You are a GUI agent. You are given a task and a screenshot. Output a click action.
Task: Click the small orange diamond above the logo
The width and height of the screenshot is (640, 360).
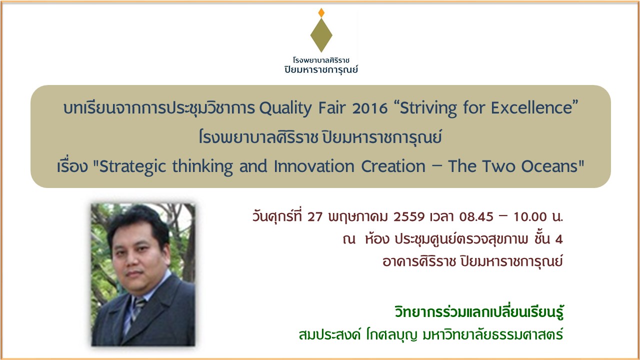pos(321,12)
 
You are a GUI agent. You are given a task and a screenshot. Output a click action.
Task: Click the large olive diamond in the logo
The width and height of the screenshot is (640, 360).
pos(321,35)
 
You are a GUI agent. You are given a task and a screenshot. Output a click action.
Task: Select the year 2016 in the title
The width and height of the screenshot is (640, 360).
pos(369,108)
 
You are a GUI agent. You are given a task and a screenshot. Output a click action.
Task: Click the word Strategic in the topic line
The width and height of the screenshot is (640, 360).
pos(132,166)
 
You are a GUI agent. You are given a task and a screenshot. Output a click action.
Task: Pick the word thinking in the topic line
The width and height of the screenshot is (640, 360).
pos(202,166)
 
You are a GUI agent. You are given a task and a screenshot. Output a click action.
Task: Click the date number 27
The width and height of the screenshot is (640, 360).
pos(315,217)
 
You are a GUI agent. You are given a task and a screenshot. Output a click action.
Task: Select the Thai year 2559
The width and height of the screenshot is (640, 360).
pos(409,217)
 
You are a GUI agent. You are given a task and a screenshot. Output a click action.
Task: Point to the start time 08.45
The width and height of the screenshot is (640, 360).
pos(476,217)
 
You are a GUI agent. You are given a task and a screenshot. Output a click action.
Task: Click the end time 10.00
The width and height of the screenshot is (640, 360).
pos(530,217)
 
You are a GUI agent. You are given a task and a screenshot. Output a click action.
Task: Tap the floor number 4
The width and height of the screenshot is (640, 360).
pos(559,239)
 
